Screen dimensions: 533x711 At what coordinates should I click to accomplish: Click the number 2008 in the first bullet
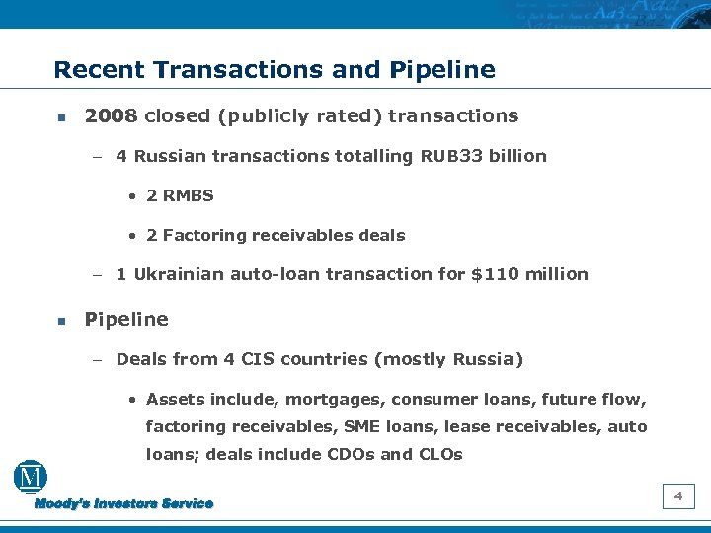111,116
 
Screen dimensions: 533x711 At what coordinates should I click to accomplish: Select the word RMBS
190,195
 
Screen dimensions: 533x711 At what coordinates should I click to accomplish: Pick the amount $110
492,274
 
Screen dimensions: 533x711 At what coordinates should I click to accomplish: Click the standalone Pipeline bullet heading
126,320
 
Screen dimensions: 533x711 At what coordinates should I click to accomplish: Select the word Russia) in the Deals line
488,359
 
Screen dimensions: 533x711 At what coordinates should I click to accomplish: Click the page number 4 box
678,496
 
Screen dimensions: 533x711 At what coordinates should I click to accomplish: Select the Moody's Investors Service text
124,504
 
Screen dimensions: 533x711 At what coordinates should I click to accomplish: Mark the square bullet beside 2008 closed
60,117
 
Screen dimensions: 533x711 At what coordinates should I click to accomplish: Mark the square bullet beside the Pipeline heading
60,321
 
